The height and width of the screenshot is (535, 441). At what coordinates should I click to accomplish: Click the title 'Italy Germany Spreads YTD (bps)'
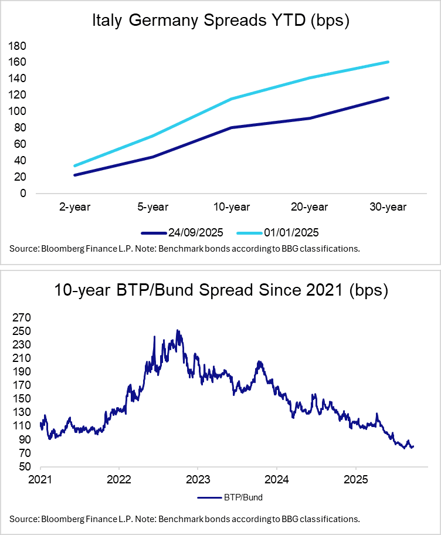click(x=220, y=22)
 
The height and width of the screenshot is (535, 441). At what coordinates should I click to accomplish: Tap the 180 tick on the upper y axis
click(x=19, y=46)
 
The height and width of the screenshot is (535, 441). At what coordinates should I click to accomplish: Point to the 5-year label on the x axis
click(x=152, y=206)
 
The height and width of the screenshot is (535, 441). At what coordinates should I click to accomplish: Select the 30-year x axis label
click(x=388, y=206)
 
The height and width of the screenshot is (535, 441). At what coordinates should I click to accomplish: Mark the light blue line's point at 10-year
click(x=231, y=99)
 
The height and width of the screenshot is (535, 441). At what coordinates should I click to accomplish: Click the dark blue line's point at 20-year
click(x=310, y=118)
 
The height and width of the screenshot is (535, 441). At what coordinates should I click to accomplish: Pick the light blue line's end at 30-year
click(x=388, y=62)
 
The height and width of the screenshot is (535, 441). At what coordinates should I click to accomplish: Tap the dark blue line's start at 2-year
click(x=74, y=175)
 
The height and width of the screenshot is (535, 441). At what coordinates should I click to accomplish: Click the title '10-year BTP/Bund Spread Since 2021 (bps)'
click(x=220, y=290)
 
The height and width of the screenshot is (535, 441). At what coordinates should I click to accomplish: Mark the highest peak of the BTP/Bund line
click(x=178, y=330)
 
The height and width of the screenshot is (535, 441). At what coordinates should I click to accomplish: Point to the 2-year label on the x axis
click(x=74, y=206)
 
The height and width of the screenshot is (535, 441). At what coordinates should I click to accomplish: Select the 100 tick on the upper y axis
click(x=19, y=111)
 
